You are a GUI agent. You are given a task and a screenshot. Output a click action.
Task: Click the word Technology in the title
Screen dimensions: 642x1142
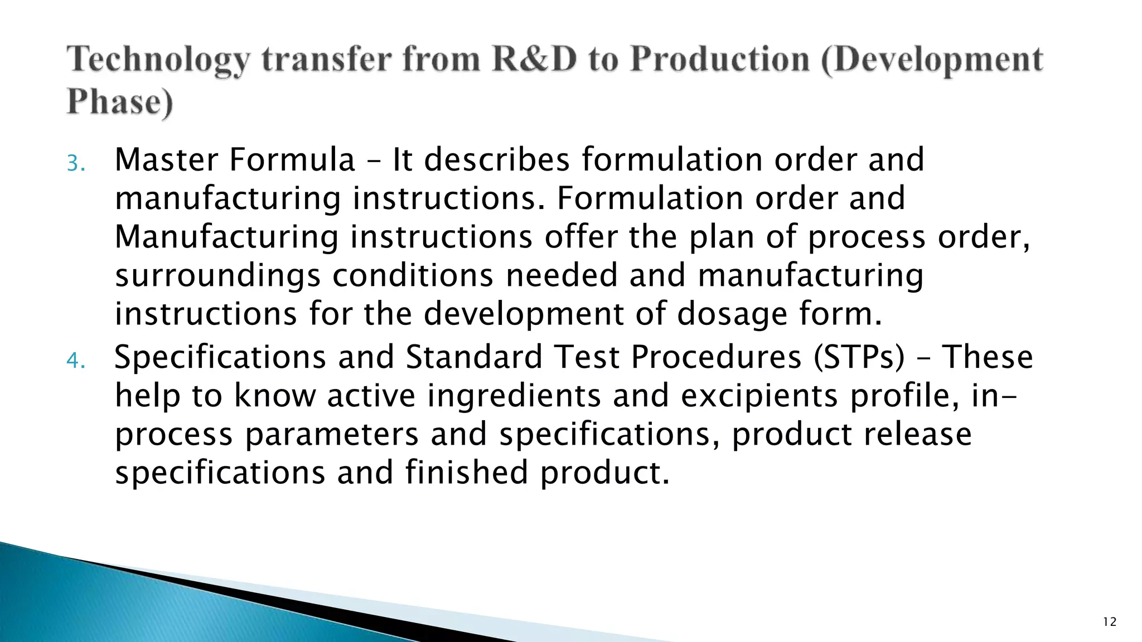(158, 60)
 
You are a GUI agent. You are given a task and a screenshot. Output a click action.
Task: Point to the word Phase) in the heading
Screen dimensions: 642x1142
(120, 102)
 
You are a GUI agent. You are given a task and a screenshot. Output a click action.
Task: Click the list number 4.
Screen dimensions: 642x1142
(75, 361)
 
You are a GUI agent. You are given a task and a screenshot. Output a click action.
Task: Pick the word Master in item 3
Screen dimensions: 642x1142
(166, 160)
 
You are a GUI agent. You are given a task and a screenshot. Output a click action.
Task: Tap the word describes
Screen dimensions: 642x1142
(497, 160)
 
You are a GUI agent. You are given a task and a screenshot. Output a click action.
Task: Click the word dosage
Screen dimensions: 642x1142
(732, 314)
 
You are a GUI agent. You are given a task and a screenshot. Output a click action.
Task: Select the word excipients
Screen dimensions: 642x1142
(759, 396)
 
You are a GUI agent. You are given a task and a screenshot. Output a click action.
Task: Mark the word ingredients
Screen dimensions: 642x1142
(514, 396)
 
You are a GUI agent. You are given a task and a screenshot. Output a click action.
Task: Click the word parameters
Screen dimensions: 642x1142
(332, 435)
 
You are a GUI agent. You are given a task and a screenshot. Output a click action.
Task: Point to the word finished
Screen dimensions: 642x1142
(466, 473)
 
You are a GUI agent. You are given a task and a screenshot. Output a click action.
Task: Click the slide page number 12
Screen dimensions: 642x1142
(1110, 622)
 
